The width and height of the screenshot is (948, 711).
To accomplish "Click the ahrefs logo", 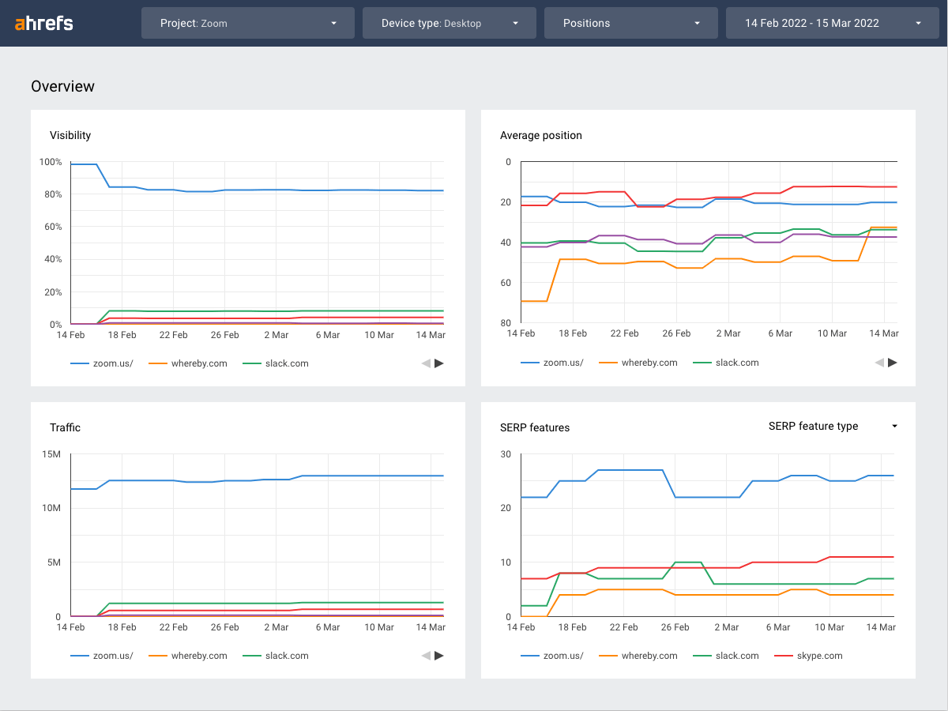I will (44, 23).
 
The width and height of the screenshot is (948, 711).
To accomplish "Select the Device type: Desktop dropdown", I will (449, 23).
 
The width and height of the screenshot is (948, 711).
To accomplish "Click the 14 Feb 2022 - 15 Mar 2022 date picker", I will (833, 23).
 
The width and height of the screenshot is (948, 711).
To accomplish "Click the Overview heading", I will (63, 86).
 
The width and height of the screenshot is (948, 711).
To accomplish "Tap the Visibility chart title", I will (70, 135).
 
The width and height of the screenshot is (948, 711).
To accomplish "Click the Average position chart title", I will (541, 135).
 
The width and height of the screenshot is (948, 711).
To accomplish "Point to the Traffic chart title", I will (66, 427).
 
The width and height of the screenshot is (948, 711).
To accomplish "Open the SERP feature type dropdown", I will (833, 426).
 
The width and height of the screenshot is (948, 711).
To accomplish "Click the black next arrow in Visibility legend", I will (439, 363).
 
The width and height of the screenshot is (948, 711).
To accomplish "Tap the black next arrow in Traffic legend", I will (439, 656).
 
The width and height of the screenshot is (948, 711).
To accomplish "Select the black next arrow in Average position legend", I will (893, 363).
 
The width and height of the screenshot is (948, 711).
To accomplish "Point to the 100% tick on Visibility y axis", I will (50, 162).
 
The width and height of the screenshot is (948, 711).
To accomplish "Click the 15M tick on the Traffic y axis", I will (51, 454).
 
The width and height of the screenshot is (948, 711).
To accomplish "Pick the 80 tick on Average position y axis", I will (506, 324).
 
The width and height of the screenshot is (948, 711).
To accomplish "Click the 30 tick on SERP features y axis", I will (506, 454).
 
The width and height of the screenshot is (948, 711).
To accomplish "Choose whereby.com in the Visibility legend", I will (199, 363).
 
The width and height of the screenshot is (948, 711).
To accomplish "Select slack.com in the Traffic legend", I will (287, 656).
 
